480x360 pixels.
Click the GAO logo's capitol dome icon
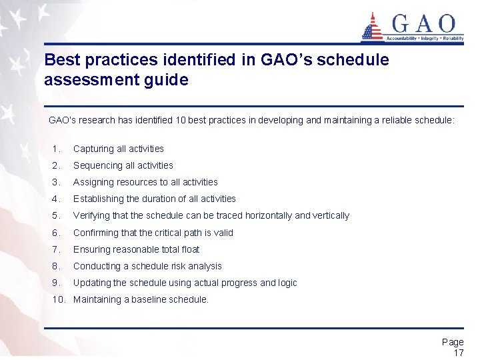(372, 27)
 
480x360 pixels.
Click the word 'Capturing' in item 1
(92, 149)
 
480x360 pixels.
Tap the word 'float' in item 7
(188, 249)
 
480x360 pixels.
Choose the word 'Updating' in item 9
(91, 283)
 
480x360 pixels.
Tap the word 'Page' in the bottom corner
(453, 342)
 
